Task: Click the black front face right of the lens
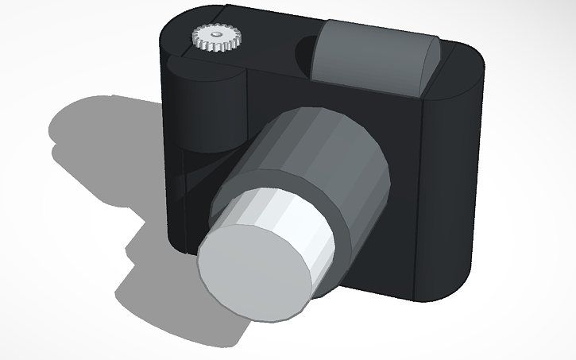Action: click(397, 238)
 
